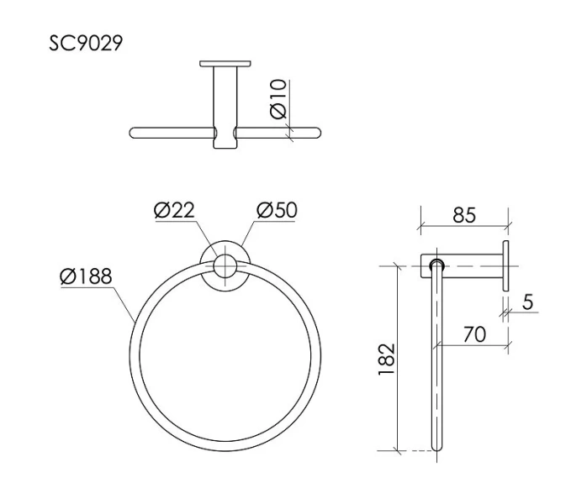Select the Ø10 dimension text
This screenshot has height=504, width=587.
tap(278, 99)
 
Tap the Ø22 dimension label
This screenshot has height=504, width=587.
tap(175, 210)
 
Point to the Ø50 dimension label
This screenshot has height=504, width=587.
tap(276, 210)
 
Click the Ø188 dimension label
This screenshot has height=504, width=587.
tap(86, 276)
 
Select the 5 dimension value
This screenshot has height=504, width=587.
tap(527, 302)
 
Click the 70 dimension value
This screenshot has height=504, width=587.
tap(474, 334)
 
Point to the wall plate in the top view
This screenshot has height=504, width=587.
tap(225, 63)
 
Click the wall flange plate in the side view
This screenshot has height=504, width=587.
tap(508, 265)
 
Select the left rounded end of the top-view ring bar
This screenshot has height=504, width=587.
tap(134, 132)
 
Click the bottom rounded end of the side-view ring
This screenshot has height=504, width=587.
tap(436, 448)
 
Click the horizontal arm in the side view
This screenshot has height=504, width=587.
tap(471, 265)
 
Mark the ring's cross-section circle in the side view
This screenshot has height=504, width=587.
tap(436, 265)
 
